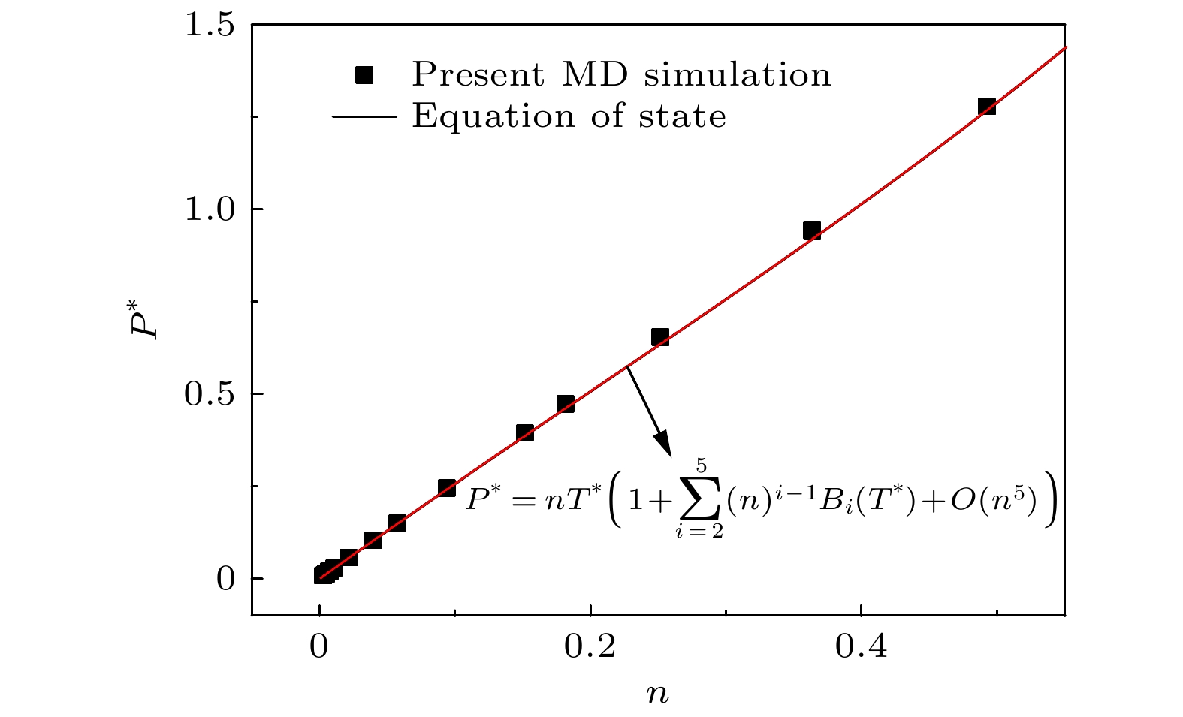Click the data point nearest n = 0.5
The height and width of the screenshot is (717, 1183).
tap(986, 107)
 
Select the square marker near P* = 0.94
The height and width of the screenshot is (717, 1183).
tap(811, 230)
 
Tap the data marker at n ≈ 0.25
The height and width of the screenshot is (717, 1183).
tap(659, 337)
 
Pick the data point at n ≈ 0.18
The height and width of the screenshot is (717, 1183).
tap(566, 404)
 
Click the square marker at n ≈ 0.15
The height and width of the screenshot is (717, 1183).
tap(525, 432)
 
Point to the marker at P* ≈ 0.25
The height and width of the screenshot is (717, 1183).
tap(447, 488)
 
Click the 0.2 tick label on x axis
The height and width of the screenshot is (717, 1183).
tap(590, 646)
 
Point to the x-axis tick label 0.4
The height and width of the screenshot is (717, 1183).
tap(861, 646)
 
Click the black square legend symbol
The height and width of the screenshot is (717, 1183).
tap(364, 75)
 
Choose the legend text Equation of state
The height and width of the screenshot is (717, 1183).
tap(569, 116)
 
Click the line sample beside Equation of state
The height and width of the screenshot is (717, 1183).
tap(364, 116)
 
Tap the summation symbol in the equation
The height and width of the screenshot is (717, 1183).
tap(699, 502)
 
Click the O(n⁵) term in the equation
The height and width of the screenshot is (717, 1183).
tap(993, 502)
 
